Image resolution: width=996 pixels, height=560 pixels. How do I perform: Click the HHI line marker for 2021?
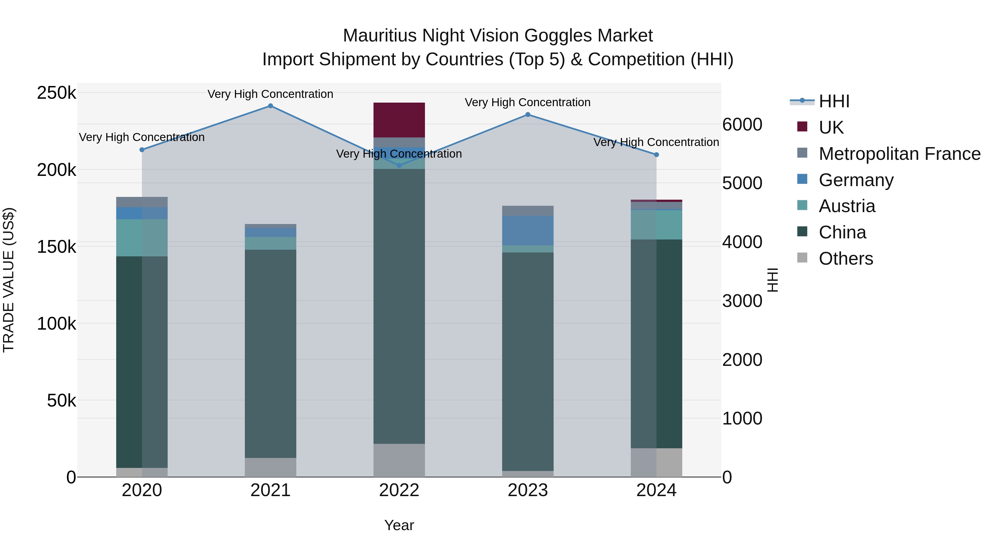270,106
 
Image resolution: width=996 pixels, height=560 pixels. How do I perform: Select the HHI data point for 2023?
528,115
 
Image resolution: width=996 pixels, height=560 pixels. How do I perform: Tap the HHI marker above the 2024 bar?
656,155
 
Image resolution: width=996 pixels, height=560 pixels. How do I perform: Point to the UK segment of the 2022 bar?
399,120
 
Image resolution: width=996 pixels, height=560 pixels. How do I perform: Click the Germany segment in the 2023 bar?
528,230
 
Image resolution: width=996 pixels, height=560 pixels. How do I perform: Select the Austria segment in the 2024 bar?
656,225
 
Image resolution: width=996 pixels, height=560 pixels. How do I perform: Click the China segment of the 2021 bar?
270,354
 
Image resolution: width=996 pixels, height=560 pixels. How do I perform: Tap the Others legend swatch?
802,258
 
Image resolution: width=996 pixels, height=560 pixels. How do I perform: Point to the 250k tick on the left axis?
56,93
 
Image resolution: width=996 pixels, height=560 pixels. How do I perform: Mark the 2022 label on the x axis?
399,490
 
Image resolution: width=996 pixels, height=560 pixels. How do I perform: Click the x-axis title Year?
399,525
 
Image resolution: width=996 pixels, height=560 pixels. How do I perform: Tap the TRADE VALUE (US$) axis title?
9,280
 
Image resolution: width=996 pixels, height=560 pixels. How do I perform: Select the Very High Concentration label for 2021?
270,94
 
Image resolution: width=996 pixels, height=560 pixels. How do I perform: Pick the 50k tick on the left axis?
61,401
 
